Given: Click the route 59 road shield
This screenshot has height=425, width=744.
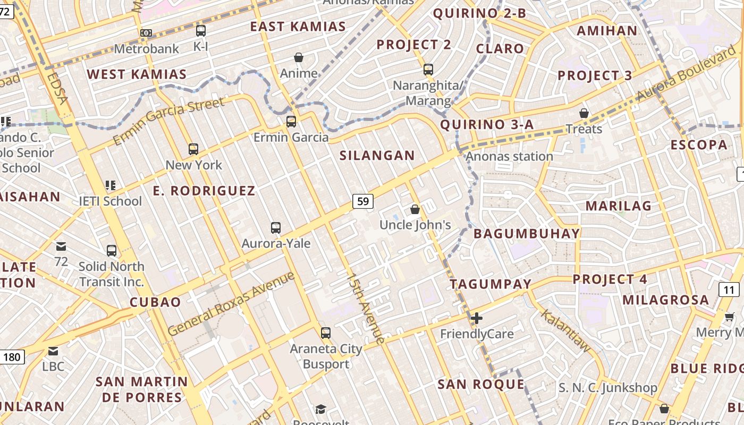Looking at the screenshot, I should coord(363,201).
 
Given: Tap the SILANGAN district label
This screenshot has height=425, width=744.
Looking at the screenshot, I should coord(377,156).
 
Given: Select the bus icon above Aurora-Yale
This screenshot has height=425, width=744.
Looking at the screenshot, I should coord(275,228).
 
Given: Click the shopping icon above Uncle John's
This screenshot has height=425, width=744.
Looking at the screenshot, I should coord(415,209).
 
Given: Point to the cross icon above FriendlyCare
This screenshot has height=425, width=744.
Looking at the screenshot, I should coord(477,318).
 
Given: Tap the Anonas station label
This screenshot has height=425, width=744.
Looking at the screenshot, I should coord(509,156).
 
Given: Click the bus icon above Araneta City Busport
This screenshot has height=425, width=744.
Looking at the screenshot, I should coord(326,333).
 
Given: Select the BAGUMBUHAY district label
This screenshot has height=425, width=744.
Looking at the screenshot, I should coord(526,234).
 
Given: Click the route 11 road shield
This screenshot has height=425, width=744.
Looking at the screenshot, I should coord(729,290).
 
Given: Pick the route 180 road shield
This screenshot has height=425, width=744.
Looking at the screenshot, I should coord(11,356).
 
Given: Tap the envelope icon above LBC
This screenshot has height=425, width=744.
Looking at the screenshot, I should coord(53,351).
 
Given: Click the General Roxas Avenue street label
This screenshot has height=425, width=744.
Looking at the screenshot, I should coord(231,304).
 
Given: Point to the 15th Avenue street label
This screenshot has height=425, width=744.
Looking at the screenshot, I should coord(365,308).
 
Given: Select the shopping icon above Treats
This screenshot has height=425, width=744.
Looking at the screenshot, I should coord(584,113).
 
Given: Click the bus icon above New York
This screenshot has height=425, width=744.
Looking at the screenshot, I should coord(193,149).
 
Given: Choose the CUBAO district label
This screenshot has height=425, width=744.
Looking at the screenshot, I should coord(156,302).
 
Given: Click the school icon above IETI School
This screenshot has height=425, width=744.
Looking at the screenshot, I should coord(111,185).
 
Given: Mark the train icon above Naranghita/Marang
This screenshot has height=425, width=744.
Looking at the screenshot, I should coord(428,70).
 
